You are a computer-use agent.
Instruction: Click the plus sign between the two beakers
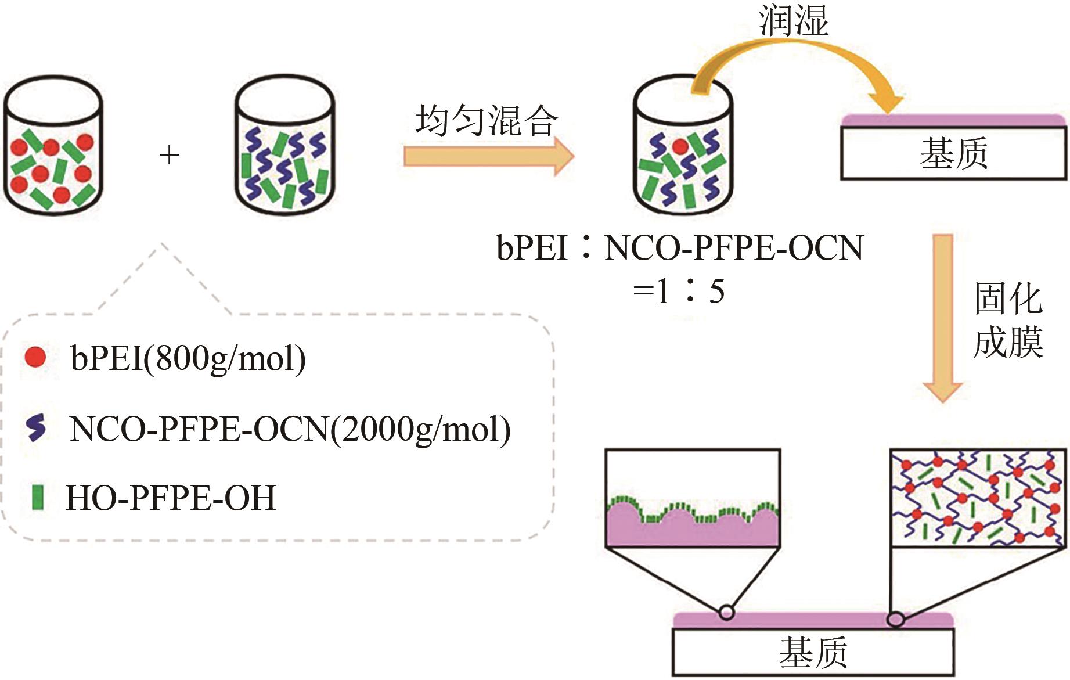[169, 155]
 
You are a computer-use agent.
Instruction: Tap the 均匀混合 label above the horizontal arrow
[487, 121]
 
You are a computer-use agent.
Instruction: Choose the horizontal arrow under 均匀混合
[488, 156]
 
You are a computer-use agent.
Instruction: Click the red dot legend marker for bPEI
[35, 357]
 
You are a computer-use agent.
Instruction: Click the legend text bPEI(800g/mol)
[188, 358]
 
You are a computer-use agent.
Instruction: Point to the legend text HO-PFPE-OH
[171, 498]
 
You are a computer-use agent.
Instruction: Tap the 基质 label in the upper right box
[953, 154]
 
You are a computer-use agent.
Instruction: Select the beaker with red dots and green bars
[53, 149]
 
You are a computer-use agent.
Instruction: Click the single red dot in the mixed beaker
[680, 146]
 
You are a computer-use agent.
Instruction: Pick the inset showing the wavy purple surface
[693, 498]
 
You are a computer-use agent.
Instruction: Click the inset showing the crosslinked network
[978, 498]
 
